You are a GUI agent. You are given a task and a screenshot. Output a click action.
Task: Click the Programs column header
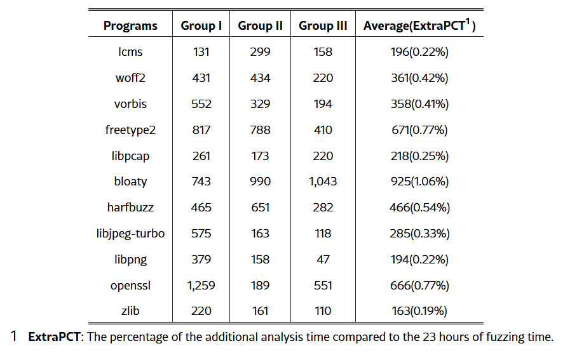coord(130,26)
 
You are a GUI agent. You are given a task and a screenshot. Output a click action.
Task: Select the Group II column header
coord(260,26)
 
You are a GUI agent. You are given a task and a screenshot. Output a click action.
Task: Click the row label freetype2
coord(130,130)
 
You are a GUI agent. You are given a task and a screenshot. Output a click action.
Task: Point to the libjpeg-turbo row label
coord(130,234)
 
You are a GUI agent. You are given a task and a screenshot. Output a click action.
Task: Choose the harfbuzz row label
coord(130,208)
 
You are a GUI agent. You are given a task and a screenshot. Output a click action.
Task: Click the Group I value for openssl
coord(201,285)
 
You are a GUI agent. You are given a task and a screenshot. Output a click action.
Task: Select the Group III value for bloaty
coord(323,182)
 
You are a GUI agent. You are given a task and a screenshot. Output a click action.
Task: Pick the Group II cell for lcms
coord(260,52)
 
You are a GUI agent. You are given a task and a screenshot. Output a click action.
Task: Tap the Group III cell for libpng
coord(323,260)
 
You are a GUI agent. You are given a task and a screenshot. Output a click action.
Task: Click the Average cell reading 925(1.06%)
coord(419,182)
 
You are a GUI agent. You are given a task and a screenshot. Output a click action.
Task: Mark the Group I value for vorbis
coord(201,104)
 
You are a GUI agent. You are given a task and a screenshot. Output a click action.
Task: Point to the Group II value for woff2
coord(260,78)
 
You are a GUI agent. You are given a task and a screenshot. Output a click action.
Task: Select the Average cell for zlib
coord(419,311)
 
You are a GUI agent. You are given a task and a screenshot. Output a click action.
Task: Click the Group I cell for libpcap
coord(201,156)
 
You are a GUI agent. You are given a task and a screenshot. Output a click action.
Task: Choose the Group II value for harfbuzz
coord(260,208)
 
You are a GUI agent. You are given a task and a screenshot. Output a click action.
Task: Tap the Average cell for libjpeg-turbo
coord(419,234)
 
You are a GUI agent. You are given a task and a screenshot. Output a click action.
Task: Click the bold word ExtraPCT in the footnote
coord(54,337)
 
